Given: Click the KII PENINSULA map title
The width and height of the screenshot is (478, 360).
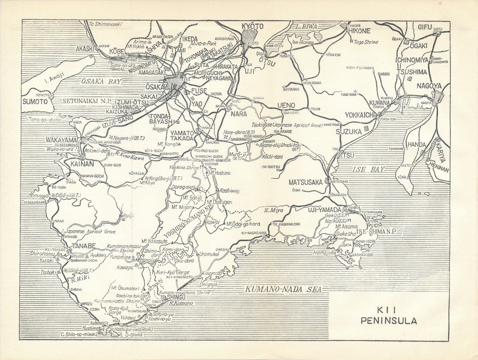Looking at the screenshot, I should click(388, 316).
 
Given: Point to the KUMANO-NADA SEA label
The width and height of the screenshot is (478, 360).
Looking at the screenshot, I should click(284, 289).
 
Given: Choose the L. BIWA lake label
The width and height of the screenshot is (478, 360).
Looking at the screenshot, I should click(307, 27).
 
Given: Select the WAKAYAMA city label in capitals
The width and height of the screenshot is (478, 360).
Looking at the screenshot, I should click(62, 140).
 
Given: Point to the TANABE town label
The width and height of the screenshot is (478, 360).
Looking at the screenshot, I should click(84, 246).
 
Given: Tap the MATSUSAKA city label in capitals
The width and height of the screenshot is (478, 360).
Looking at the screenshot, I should click(306, 182).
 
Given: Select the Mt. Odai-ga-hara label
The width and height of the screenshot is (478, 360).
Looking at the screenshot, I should click(243, 224).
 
